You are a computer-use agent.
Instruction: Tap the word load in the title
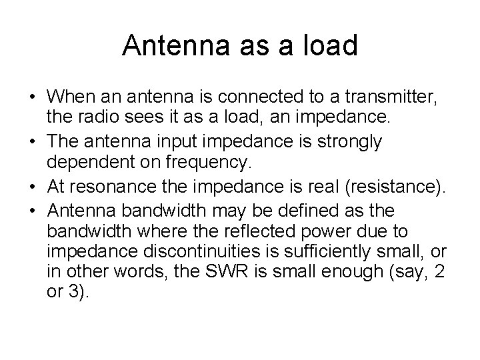333,45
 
